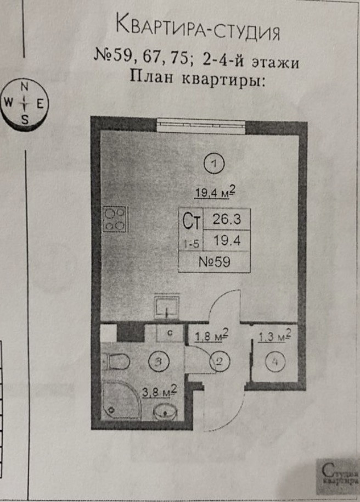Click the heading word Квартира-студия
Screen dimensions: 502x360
click(198, 28)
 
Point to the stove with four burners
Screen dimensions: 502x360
click(115, 219)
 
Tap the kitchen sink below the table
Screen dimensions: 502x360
click(166, 307)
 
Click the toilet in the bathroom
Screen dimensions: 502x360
click(116, 361)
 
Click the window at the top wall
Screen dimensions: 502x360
click(200, 125)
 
